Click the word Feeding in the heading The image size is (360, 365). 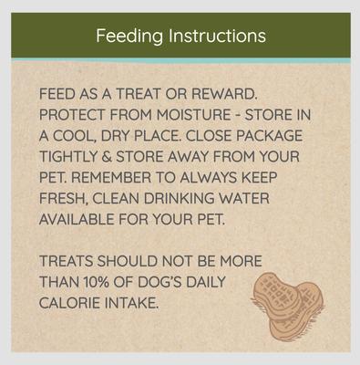pos(129,36)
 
